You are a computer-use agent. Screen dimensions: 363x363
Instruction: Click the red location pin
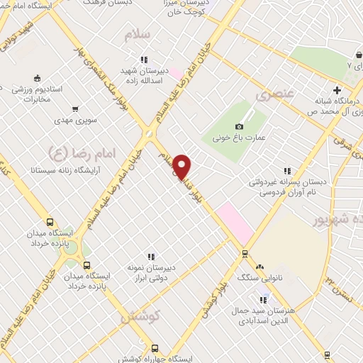(x=183, y=166)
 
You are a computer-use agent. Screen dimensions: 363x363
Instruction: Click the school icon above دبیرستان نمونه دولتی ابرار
(x=151, y=256)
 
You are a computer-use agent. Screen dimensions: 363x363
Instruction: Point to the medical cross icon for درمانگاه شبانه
(x=337, y=90)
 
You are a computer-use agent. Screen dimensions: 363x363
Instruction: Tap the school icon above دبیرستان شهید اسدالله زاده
(x=145, y=60)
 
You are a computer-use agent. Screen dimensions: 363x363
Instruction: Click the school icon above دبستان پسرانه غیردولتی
(x=287, y=170)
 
